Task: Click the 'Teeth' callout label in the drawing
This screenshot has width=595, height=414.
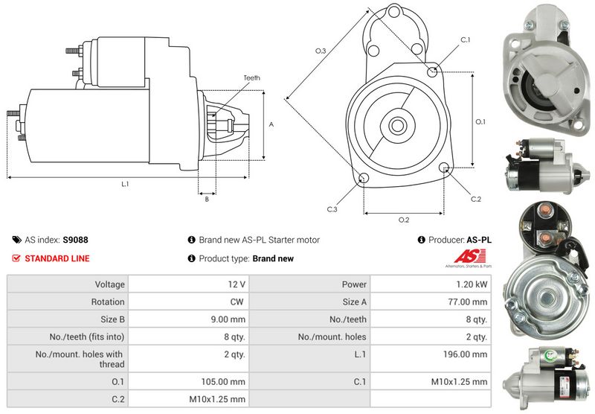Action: (251, 78)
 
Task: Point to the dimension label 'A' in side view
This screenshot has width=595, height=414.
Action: (271, 124)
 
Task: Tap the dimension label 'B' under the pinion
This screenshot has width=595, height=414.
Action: (206, 199)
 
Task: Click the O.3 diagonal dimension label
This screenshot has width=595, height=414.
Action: (321, 51)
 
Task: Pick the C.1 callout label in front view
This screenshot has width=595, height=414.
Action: (466, 39)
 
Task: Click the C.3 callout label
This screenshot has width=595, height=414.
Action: (332, 209)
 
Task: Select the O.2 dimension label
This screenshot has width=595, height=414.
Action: (404, 220)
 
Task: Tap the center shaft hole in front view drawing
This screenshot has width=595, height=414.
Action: (396, 124)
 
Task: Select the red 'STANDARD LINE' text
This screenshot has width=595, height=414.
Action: (57, 258)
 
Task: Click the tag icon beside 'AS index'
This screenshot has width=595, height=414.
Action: (16, 241)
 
